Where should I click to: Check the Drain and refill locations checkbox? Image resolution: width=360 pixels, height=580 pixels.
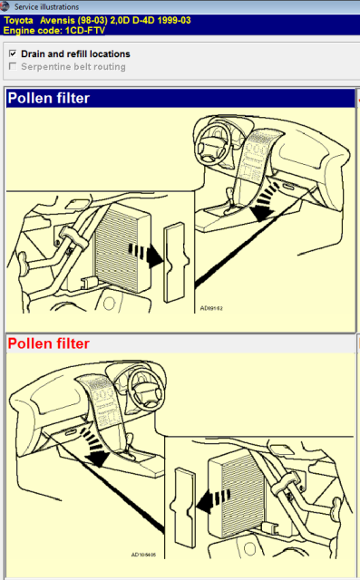coord(13,53)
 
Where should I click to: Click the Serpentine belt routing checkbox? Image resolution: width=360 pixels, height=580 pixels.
coord(13,66)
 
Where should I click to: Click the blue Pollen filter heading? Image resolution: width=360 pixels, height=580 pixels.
coord(48,99)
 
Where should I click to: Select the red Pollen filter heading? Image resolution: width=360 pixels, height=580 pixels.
coord(48,343)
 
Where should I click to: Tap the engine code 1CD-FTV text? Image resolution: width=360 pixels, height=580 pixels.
coord(84,30)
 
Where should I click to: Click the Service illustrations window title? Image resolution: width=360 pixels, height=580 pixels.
coord(46,6)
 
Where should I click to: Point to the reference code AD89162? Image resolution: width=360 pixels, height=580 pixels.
coord(211,308)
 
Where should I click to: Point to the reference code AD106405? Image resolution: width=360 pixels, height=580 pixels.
coord(143,555)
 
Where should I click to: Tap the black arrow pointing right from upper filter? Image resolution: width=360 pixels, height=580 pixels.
coord(146,254)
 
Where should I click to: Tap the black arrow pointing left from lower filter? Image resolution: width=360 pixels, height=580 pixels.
coord(213,500)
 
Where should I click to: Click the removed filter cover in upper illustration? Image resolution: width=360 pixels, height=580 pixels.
coord(176,262)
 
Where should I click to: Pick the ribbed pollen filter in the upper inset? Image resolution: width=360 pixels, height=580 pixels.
coord(123,247)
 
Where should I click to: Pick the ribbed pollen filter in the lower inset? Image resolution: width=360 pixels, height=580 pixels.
coord(237,497)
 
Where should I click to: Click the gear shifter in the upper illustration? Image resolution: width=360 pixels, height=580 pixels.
coord(229,200)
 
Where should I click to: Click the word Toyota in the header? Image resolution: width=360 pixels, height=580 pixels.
coord(18,20)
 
